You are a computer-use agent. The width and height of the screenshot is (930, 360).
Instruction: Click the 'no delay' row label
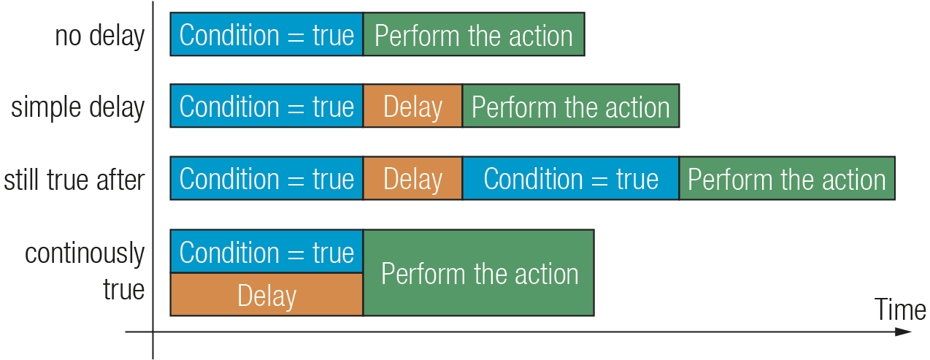coord(99,37)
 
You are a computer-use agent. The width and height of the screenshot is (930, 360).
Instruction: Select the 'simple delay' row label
coord(77,107)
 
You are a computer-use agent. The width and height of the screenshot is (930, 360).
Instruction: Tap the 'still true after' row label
coord(74,180)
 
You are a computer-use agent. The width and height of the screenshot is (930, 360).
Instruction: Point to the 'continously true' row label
coord(85,271)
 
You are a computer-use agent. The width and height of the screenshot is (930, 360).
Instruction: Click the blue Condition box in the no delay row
coord(266,34)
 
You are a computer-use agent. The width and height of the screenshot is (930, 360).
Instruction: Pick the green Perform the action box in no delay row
coord(474,34)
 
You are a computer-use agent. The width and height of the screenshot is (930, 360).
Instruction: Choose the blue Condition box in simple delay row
coord(266,106)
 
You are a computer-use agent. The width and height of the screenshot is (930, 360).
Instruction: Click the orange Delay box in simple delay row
coord(412,106)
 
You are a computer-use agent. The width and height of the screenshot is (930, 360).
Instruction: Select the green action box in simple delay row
coord(571,106)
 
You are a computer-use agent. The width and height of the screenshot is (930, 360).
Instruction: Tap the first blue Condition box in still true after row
coord(266,178)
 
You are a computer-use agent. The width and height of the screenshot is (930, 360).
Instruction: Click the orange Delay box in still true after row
coord(412,178)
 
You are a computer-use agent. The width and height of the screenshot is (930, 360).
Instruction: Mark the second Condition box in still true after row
coord(571,178)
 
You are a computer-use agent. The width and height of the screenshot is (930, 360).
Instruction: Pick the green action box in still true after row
coord(787,178)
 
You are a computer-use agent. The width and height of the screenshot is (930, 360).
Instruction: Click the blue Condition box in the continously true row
coord(266,251)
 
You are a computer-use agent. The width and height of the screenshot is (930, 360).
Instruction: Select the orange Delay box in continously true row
coord(266,294)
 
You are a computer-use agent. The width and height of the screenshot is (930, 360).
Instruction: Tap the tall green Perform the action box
coord(479,273)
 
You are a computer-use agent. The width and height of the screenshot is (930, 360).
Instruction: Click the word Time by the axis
coord(899,310)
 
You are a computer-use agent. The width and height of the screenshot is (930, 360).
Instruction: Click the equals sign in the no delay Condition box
coord(296,36)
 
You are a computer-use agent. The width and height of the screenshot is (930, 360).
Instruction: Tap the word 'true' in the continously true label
coord(123,289)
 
